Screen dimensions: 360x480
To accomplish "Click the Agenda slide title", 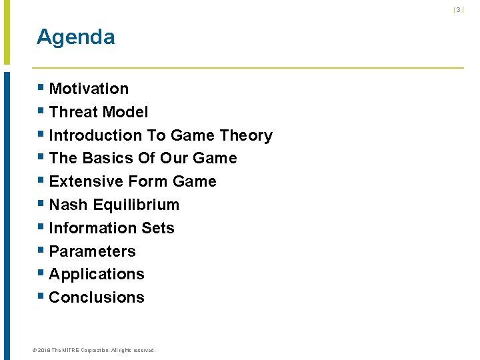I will click(75, 37).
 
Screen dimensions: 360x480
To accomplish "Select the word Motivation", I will click(89, 89).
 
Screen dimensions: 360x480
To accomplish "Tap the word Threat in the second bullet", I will click(72, 112).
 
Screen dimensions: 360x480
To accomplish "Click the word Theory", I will click(246, 135).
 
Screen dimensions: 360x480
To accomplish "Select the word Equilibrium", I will click(137, 205).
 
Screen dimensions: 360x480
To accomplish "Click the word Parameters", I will click(92, 251).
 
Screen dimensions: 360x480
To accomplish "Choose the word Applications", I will click(97, 274).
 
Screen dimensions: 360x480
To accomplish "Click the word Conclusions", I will click(97, 297).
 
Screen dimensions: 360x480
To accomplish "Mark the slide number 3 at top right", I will click(458, 10).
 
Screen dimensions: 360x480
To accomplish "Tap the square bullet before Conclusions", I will click(41, 296).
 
